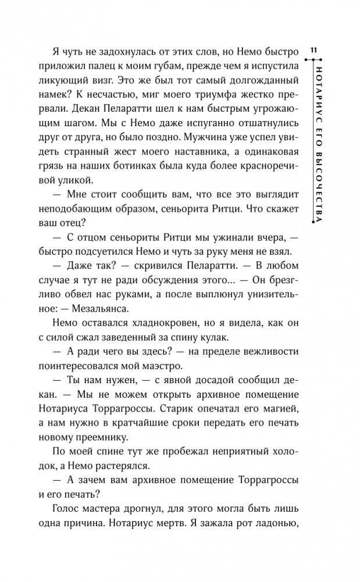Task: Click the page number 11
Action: click(x=313, y=51)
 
